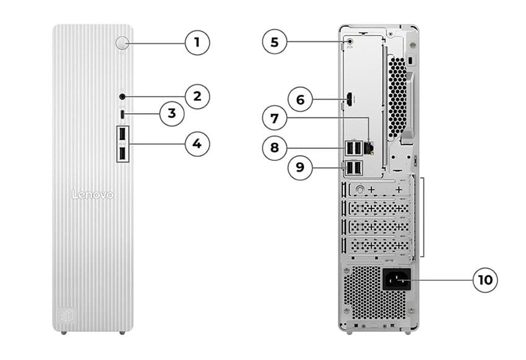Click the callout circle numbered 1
[197, 43]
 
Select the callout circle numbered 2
[197, 96]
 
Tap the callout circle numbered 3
[172, 114]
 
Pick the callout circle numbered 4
[197, 144]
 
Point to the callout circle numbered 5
[275, 43]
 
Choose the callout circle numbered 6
[301, 99]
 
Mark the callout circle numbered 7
[275, 117]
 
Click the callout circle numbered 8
[275, 147]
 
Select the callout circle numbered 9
[301, 168]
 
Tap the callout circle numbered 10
[485, 280]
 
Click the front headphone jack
[123, 96]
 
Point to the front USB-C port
[123, 114]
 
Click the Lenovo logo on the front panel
[93, 195]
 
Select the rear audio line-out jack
[351, 42]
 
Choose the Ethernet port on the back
[369, 147]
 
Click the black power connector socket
[395, 280]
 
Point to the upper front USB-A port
[123, 134]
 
